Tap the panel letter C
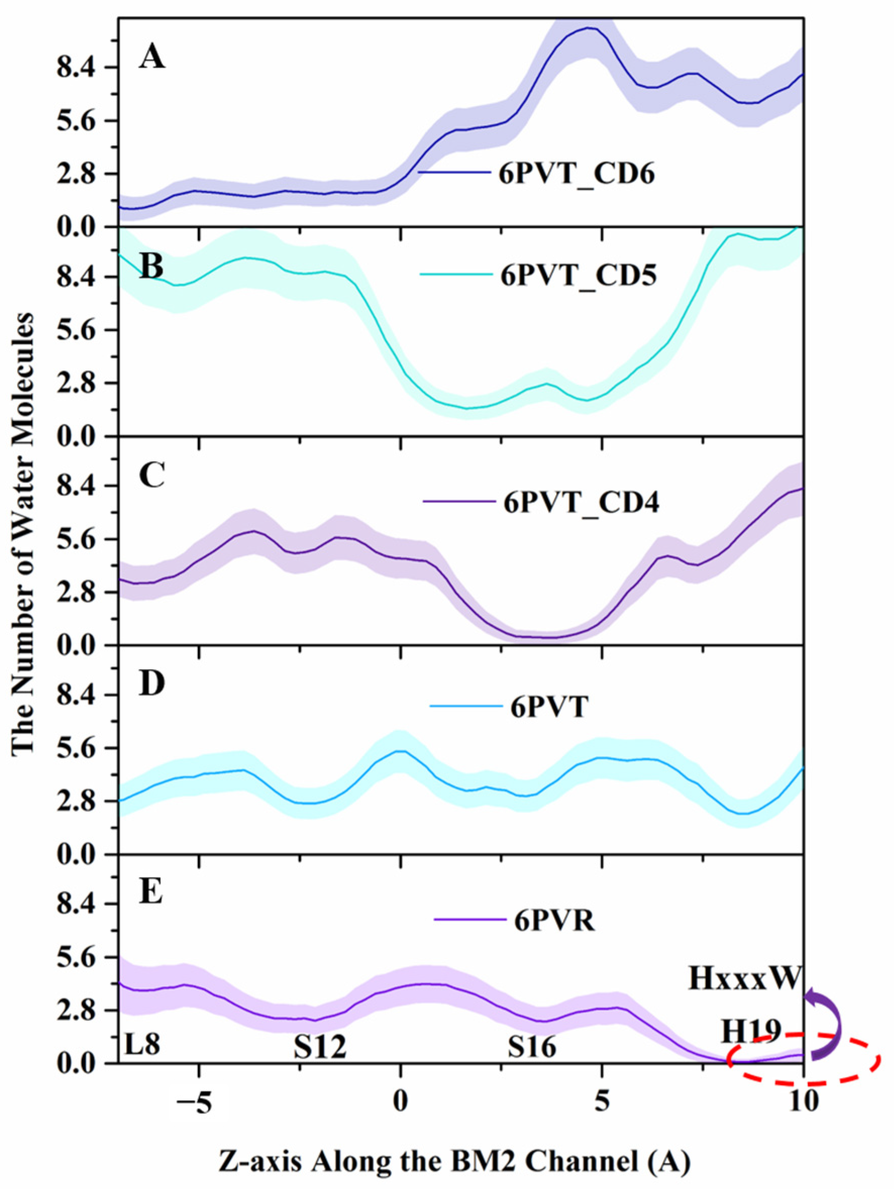[151, 475]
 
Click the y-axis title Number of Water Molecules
[24, 543]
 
